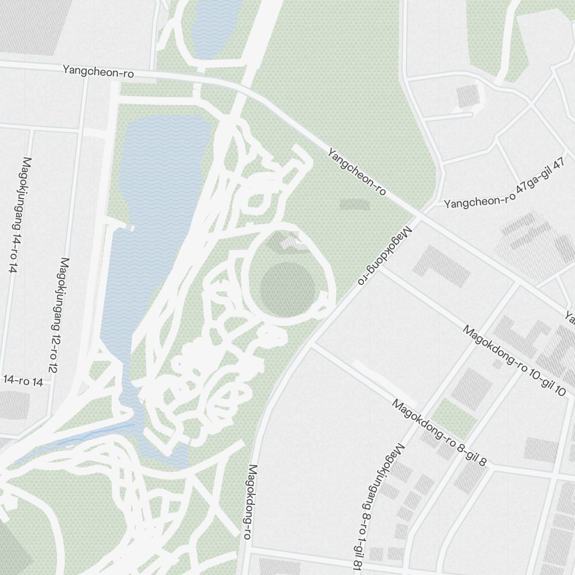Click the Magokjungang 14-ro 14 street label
[19, 214]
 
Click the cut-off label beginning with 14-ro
[23, 380]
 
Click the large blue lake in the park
[155, 230]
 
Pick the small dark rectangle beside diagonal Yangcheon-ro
[355, 204]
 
